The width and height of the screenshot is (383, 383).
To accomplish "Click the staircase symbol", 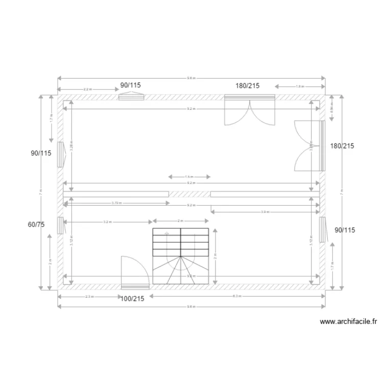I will [180, 255].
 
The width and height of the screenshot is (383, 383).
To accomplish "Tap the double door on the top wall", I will [250, 109].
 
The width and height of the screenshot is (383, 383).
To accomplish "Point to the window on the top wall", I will [131, 96].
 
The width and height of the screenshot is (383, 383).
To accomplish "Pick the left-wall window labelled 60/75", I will [60, 225].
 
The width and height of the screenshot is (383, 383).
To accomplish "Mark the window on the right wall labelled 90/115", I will [323, 229].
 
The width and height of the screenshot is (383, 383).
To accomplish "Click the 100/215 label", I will [132, 299].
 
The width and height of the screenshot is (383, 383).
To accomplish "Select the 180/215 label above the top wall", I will [247, 86].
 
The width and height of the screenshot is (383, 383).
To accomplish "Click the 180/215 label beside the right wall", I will [342, 146].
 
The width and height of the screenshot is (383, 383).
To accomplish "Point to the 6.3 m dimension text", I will [236, 296].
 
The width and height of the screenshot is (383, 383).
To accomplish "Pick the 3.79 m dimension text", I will [116, 203].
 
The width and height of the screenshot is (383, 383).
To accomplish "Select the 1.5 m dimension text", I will [189, 177].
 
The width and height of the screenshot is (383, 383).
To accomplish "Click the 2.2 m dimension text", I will [87, 89].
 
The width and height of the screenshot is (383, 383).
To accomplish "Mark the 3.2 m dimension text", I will [107, 222].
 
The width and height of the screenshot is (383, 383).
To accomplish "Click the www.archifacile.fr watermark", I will [348, 322].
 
